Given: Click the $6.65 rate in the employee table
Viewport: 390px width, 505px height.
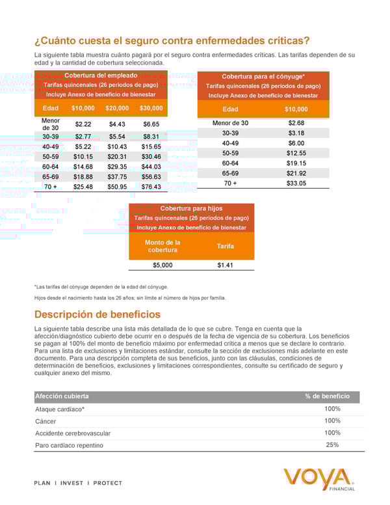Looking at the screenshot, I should click(151, 124).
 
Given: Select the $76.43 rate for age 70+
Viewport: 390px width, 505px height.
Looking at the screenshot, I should click(151, 187).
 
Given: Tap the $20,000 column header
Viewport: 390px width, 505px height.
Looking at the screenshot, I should click(117, 108).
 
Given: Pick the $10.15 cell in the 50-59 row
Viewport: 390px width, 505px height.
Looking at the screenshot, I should click(83, 157).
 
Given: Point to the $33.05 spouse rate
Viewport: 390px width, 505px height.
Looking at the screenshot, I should click(296, 184).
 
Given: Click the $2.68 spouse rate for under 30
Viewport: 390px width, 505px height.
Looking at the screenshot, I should click(296, 123).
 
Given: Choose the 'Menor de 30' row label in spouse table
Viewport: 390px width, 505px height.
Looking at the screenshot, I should click(230, 123).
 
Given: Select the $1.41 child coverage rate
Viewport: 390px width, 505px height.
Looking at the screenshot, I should click(226, 265).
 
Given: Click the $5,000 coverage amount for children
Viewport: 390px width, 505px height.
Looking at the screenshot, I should click(162, 265).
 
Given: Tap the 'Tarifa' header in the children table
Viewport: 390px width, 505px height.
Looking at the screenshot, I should click(226, 247).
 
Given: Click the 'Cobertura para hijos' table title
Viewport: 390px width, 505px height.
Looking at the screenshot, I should click(192, 208).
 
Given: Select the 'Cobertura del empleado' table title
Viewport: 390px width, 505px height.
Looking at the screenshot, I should click(101, 75).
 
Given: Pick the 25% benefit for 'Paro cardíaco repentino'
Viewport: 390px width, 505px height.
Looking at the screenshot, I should click(332, 445).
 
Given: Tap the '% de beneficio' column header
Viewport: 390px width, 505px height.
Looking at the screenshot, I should click(328, 396).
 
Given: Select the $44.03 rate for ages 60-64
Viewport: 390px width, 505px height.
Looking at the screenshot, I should click(151, 167).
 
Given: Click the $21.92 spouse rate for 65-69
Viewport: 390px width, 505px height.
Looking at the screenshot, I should click(296, 173).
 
